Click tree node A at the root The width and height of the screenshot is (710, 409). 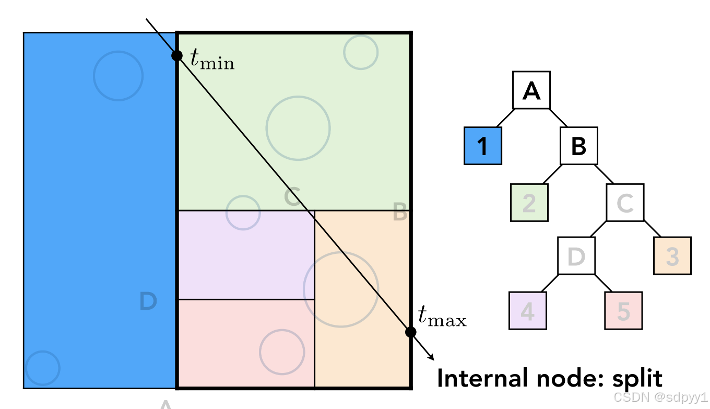[531, 90]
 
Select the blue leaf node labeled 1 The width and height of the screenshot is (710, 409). [483, 146]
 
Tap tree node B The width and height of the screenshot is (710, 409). [579, 146]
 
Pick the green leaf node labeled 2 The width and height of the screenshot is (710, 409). [529, 203]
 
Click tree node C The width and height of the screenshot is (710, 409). [625, 202]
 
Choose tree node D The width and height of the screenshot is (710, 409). [576, 255]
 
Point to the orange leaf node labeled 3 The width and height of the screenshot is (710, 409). [672, 256]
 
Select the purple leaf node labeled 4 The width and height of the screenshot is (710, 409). [528, 311]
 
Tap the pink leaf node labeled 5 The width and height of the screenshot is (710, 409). [623, 311]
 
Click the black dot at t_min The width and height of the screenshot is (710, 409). [177, 55]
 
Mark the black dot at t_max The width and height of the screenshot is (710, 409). [410, 332]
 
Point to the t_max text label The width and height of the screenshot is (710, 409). [442, 317]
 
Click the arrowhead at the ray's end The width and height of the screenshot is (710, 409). [431, 357]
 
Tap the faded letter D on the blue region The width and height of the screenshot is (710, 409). [148, 301]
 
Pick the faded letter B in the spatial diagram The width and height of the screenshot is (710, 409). [400, 213]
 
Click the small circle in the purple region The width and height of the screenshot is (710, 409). [243, 213]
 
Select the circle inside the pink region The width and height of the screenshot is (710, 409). [282, 352]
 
